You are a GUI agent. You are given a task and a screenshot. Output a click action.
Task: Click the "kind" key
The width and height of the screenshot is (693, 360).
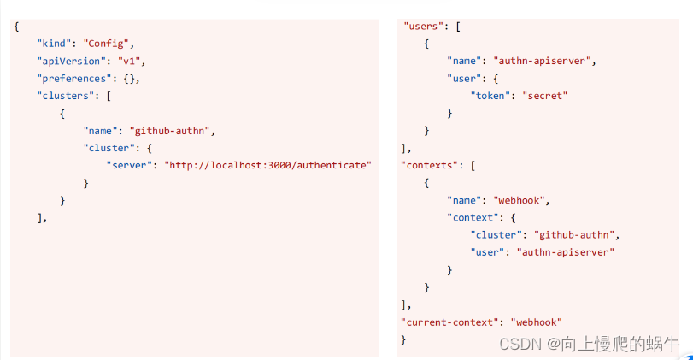[x=55, y=44]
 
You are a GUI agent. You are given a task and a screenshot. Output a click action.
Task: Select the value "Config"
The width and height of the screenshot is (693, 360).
[x=106, y=44]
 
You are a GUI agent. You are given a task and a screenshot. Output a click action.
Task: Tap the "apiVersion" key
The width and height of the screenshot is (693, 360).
[x=72, y=61]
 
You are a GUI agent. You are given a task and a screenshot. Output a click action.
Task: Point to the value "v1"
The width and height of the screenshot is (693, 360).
[x=129, y=61]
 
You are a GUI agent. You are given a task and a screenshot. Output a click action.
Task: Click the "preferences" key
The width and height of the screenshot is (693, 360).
[x=74, y=79]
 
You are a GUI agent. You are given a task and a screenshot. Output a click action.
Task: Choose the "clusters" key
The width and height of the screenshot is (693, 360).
[x=66, y=96]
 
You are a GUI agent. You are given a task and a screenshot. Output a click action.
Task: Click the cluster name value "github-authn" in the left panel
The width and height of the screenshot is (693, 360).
[x=169, y=131]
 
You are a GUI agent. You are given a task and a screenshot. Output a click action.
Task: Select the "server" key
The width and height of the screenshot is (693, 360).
[x=129, y=165]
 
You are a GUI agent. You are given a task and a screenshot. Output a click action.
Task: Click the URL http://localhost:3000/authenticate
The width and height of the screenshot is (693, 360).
[x=267, y=165]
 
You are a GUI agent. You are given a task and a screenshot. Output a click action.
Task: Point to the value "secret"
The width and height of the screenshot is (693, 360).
[x=545, y=96]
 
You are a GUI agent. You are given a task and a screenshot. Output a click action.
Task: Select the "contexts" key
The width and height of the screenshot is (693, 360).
[x=430, y=165]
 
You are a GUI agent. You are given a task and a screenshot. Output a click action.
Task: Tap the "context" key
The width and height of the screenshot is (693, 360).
[x=473, y=217]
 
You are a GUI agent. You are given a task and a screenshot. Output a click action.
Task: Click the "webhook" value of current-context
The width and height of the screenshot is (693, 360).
[x=537, y=322]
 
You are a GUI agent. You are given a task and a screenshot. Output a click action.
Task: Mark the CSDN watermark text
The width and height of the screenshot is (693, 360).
[x=589, y=344]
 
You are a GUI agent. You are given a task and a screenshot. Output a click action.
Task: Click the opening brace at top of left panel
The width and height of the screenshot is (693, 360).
[x=17, y=27]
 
